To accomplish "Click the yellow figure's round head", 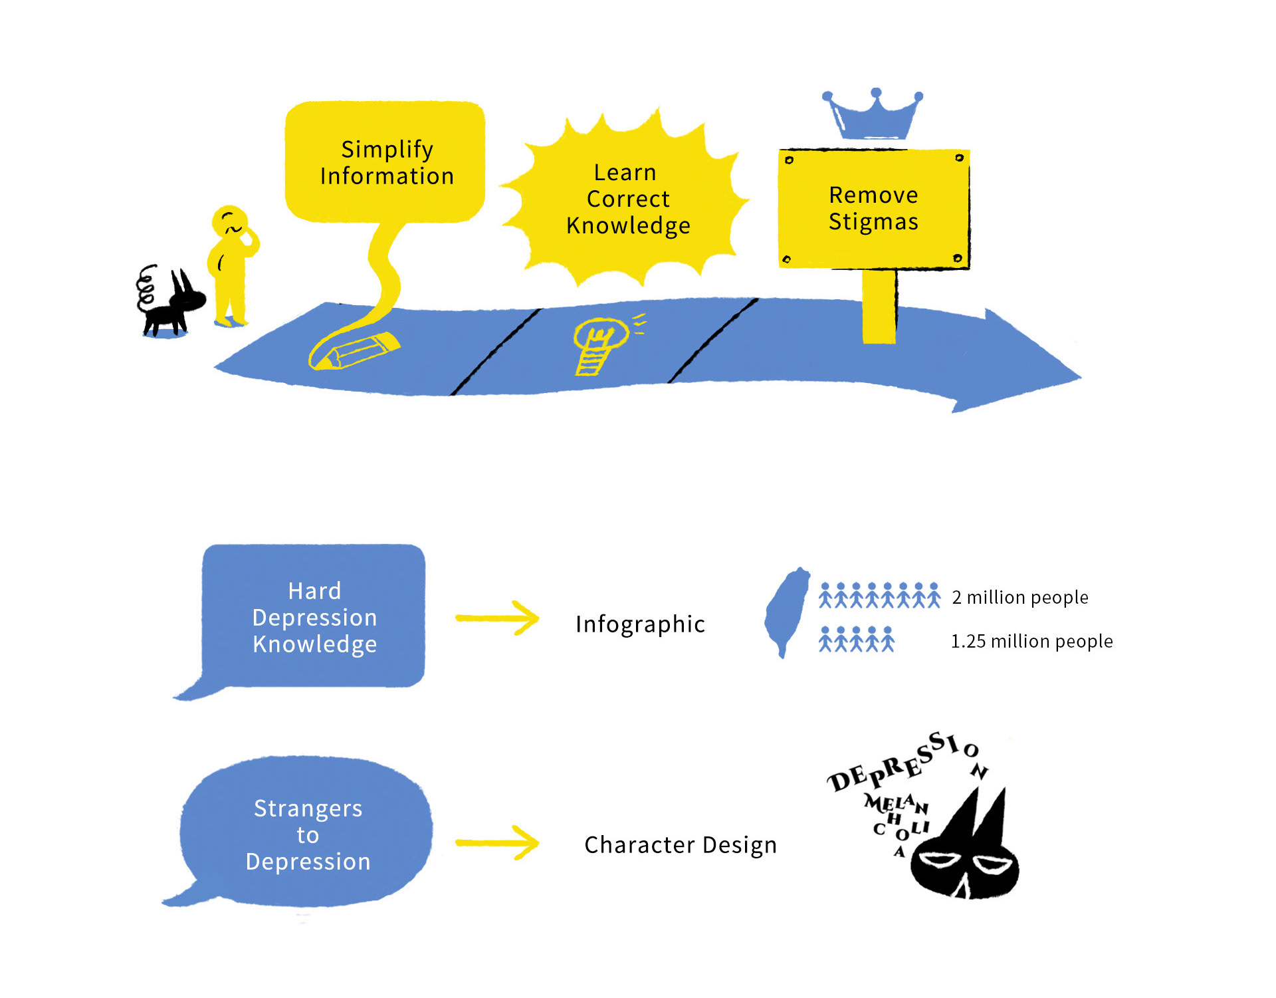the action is [230, 221].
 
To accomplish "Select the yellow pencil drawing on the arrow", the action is [354, 350].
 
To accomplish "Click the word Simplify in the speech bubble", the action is [387, 150].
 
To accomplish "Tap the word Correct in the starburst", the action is [628, 199].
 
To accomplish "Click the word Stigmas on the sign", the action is [873, 222].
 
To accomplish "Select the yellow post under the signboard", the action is [879, 307].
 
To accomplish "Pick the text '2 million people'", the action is [1020, 597].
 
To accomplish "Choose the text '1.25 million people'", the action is [1031, 641].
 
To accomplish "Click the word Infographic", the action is [640, 624].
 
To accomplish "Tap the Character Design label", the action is [681, 845].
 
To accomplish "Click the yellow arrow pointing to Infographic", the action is [497, 618].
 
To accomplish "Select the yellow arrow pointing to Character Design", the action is [497, 843].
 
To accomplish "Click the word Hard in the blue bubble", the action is [314, 591].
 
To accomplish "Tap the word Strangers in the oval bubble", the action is [308, 809].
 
